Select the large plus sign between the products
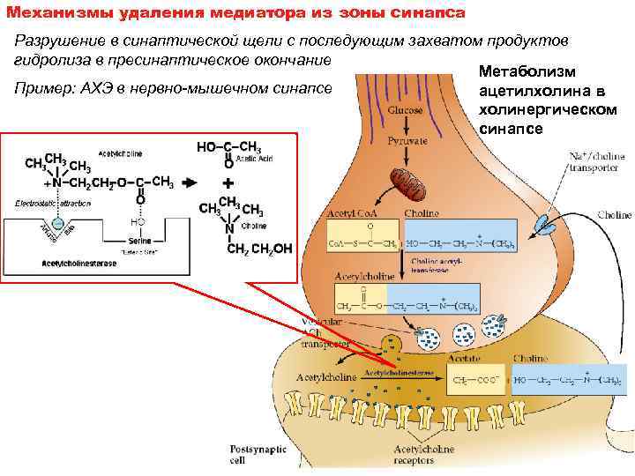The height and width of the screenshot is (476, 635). (x=228, y=183)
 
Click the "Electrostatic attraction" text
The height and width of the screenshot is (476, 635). (x=52, y=203)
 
